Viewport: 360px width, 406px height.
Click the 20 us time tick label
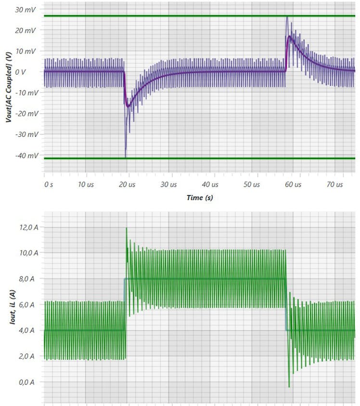point(127,185)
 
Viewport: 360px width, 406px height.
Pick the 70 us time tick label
point(334,185)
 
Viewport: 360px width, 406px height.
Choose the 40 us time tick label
point(210,185)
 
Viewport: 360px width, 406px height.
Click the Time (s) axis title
point(199,198)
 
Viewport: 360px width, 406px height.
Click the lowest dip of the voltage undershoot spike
point(126,157)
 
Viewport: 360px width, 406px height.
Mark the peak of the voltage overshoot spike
point(287,17)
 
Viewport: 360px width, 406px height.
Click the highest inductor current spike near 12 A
point(127,228)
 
